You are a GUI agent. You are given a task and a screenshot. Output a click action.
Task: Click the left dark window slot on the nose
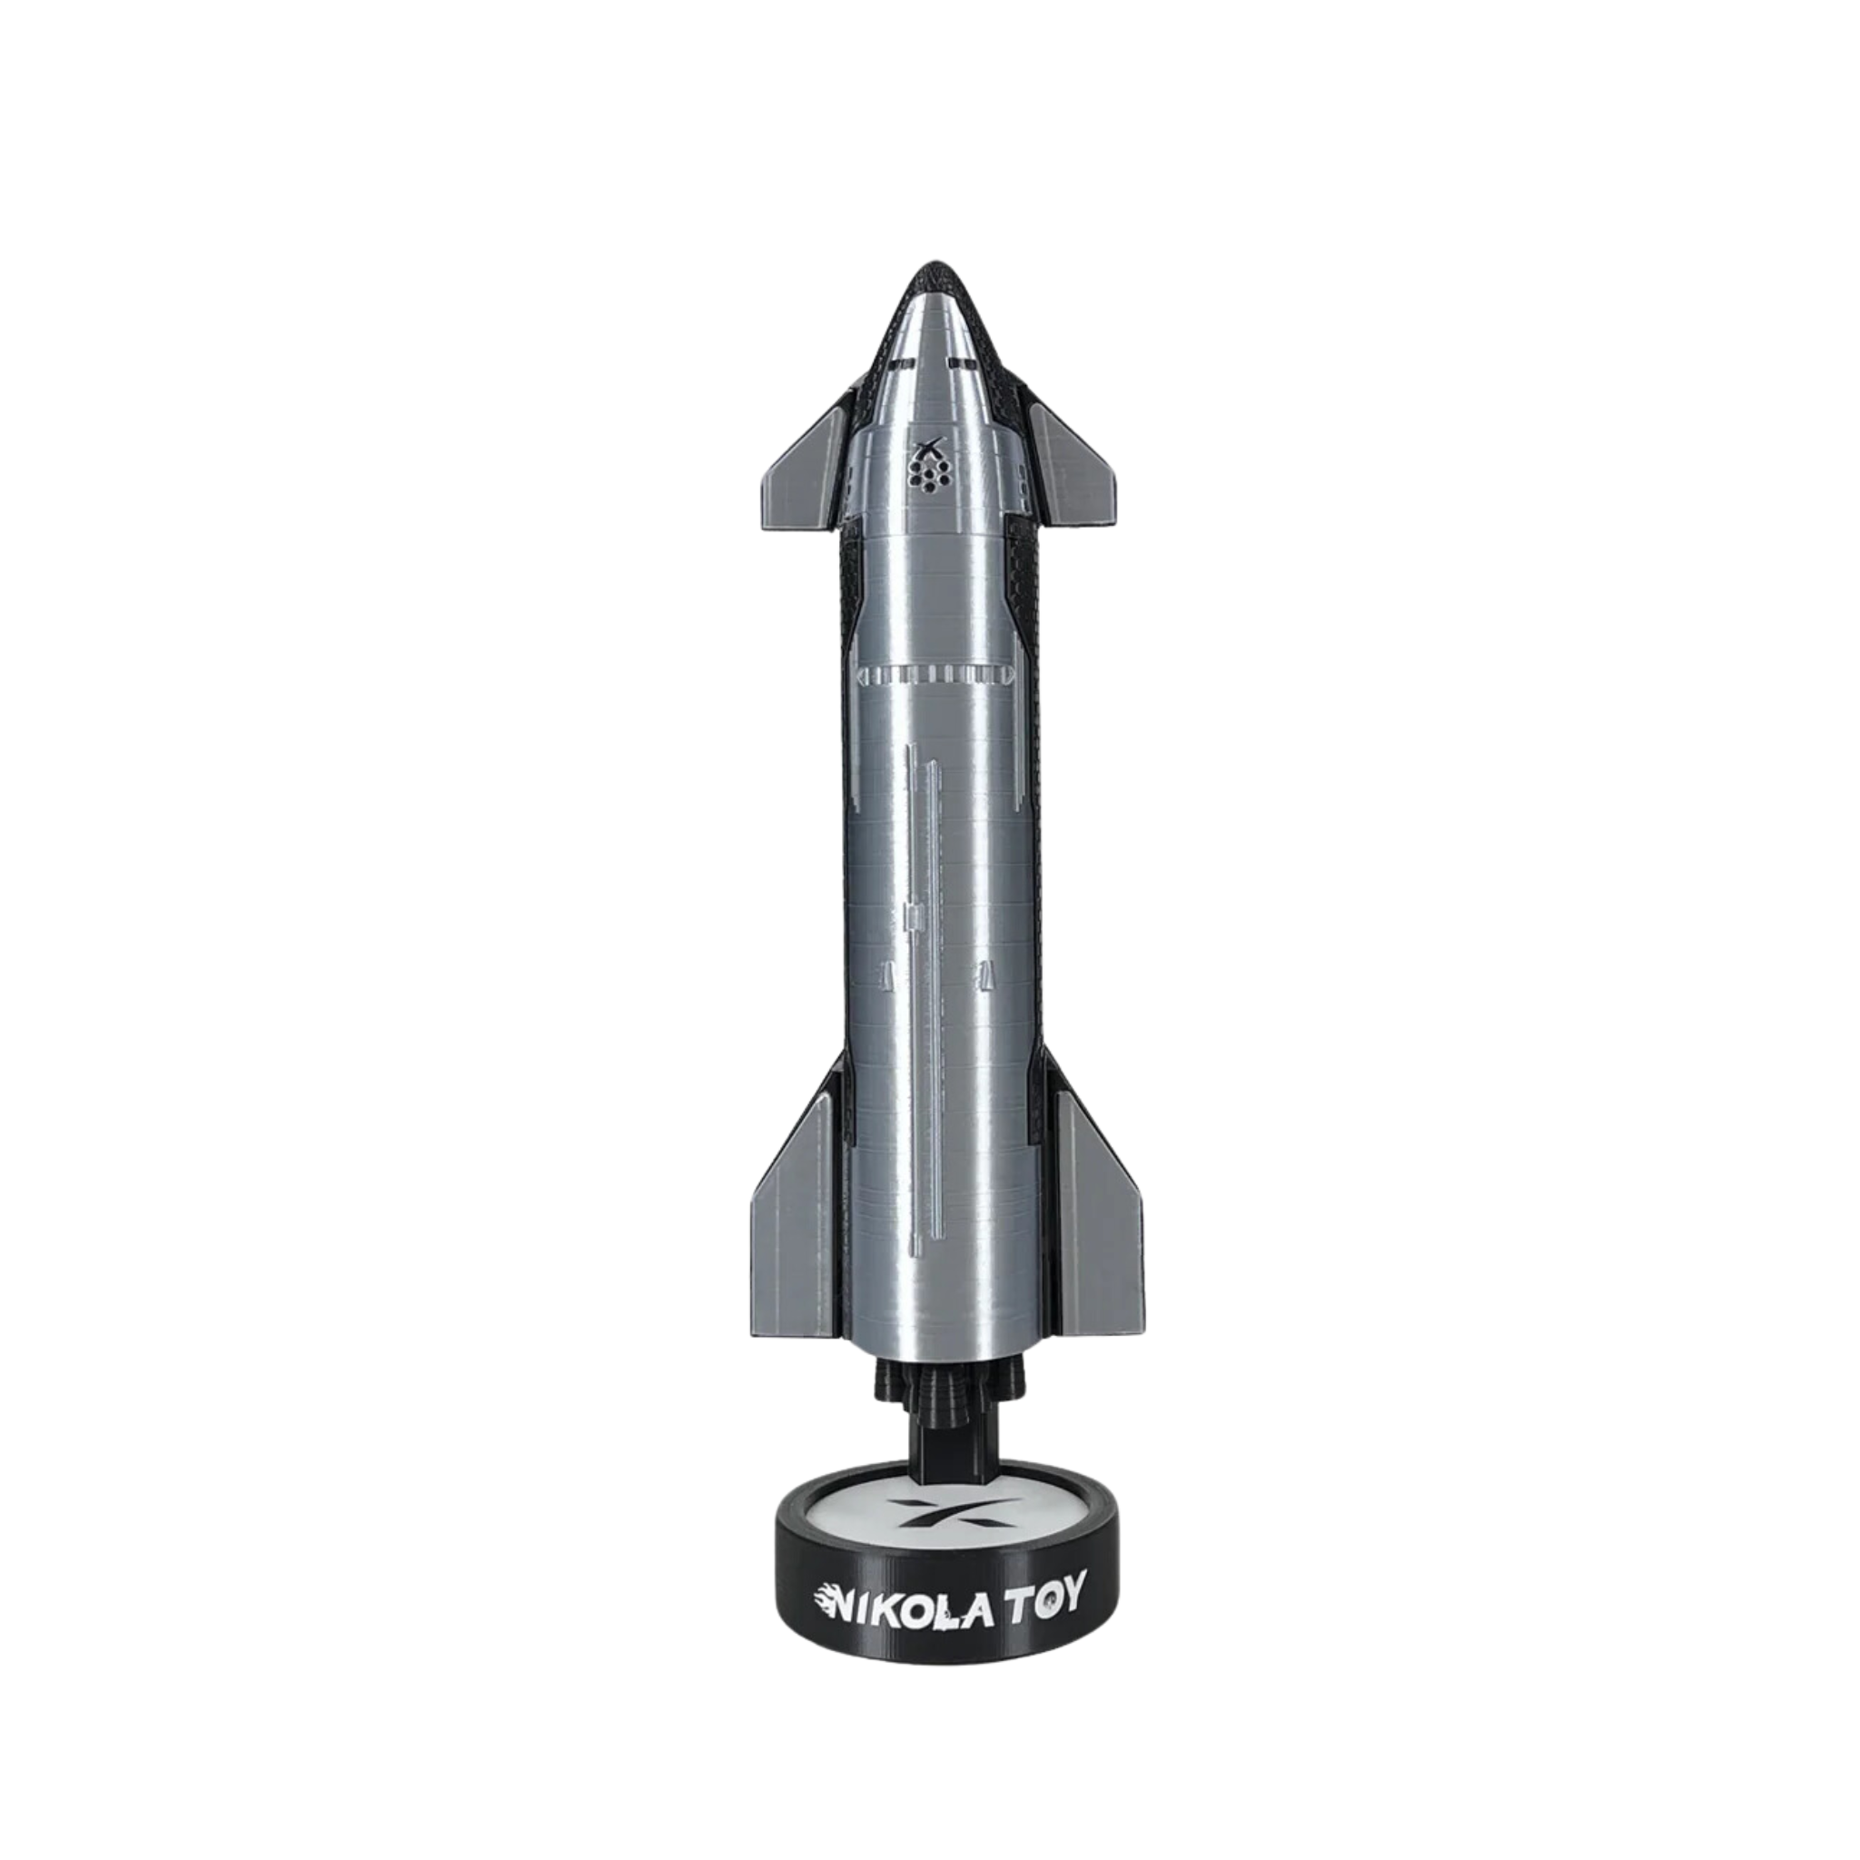[x=901, y=365]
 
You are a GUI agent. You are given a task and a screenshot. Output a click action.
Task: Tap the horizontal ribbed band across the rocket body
[x=935, y=674]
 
